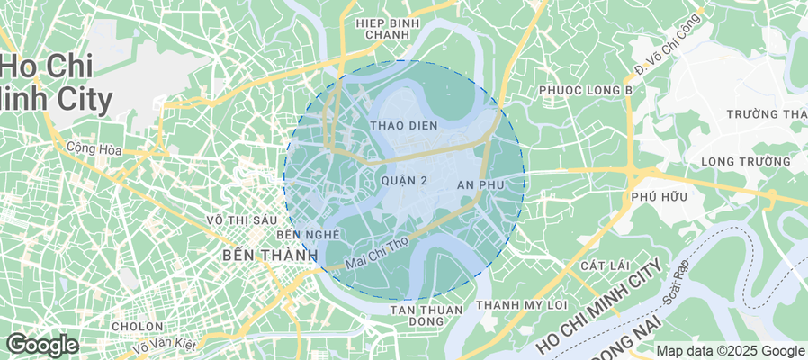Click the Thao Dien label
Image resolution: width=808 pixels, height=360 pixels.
404,126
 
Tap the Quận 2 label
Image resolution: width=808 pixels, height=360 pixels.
404,181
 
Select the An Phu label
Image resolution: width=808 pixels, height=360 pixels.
478,184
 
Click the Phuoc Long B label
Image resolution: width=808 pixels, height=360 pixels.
586,91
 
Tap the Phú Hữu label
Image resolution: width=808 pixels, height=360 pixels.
660,196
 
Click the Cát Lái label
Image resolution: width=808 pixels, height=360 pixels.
603,266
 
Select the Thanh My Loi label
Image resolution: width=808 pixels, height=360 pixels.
522,304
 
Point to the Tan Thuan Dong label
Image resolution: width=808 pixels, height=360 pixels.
426,315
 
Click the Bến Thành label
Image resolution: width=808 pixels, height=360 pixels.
269,256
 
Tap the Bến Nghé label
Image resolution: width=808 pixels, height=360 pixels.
308,234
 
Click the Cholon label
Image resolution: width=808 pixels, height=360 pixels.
137,326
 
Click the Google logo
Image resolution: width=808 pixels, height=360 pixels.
41,345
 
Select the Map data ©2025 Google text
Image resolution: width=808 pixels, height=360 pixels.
730,351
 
